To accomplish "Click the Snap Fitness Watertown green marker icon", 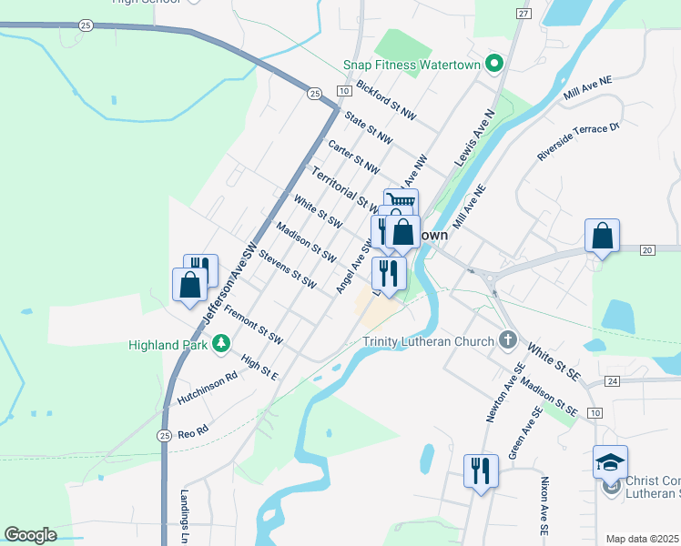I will [x=494, y=64].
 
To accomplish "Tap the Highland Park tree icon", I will [x=219, y=343].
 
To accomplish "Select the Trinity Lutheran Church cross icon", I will [x=508, y=341].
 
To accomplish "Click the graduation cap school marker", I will [x=610, y=461].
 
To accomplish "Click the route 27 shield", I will [x=523, y=14].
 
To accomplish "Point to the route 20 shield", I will [x=647, y=249].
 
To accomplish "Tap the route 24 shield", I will [x=611, y=380].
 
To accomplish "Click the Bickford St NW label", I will [x=386, y=101].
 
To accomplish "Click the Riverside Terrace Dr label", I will [x=577, y=142].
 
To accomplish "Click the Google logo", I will [x=30, y=535].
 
